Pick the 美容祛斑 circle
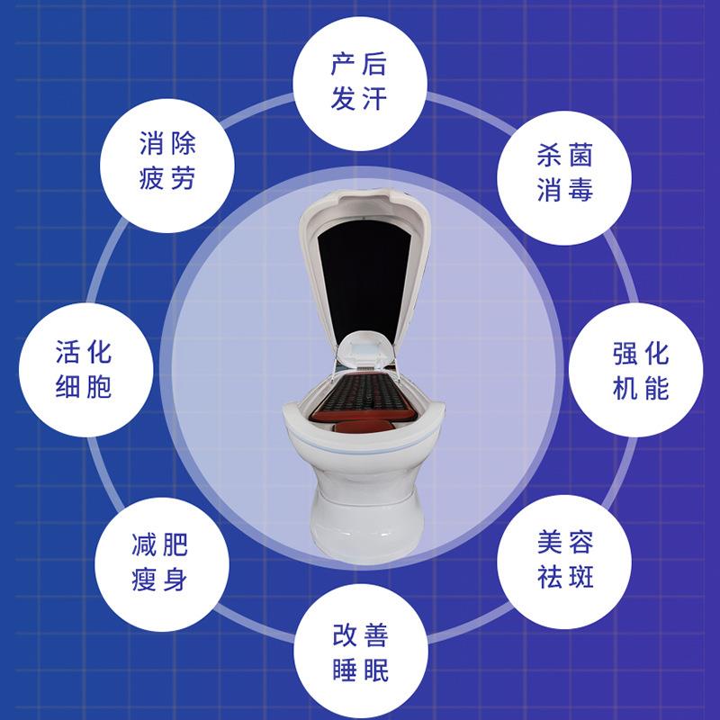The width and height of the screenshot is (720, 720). point(560,561)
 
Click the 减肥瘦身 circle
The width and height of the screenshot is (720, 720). point(158,561)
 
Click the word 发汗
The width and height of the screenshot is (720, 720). point(359,98)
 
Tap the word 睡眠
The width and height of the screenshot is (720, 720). point(359,670)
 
